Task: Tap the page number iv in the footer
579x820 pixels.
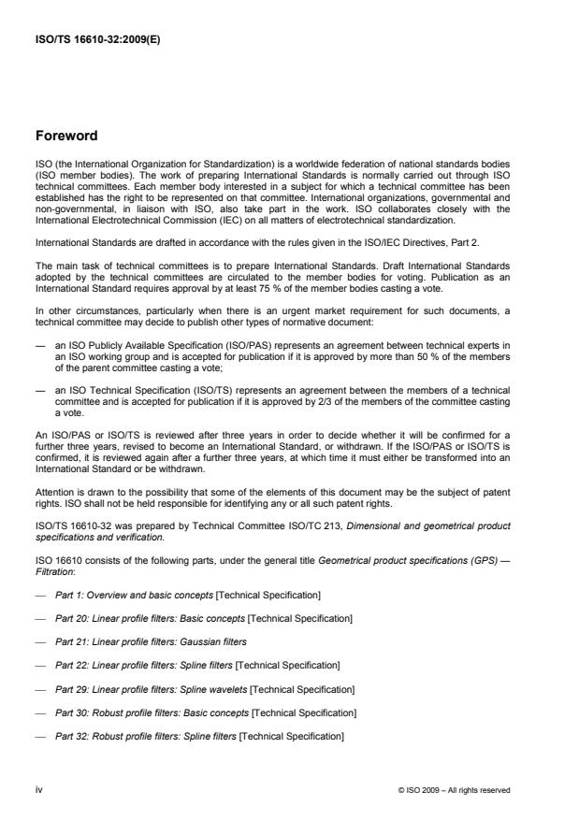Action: pos(40,789)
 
